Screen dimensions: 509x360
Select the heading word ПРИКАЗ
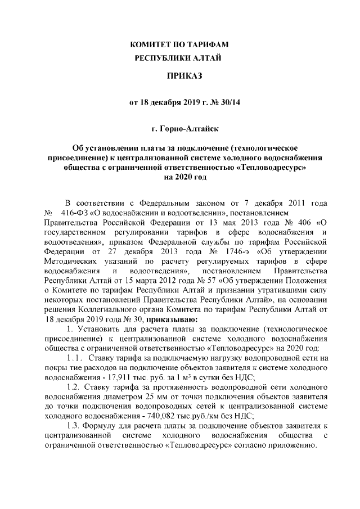coord(179,75)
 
